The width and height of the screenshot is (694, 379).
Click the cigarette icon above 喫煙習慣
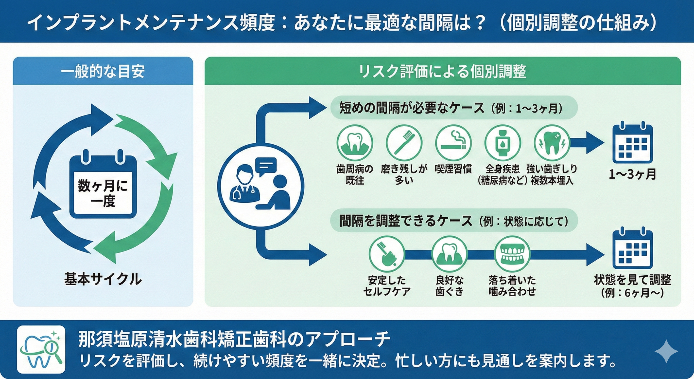point(453,143)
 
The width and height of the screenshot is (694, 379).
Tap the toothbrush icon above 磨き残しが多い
point(404,143)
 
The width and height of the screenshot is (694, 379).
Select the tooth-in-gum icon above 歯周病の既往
point(355,143)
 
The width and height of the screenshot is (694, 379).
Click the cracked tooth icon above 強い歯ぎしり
point(552,143)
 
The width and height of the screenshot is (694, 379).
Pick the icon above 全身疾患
point(503,143)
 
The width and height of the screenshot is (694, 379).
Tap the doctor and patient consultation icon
point(260,186)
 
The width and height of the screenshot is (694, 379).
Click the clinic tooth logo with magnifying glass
point(41,349)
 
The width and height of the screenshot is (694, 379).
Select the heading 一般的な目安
point(103,72)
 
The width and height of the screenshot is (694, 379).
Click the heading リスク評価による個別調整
point(442,72)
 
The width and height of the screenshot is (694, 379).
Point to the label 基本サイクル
point(103,279)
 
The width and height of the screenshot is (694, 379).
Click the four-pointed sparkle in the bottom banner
point(666,351)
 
